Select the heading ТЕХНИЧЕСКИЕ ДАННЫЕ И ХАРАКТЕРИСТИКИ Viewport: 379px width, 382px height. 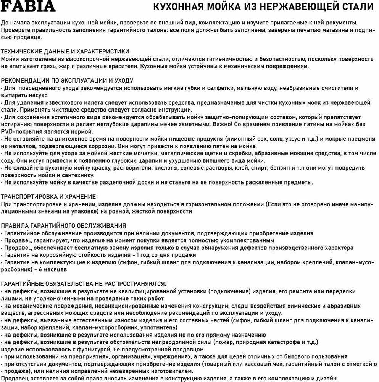65,52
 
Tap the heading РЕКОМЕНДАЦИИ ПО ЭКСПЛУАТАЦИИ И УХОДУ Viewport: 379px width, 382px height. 67,81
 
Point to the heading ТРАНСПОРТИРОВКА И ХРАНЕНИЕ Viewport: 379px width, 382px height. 48,197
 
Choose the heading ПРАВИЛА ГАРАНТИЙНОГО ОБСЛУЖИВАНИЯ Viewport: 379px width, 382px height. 64,226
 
